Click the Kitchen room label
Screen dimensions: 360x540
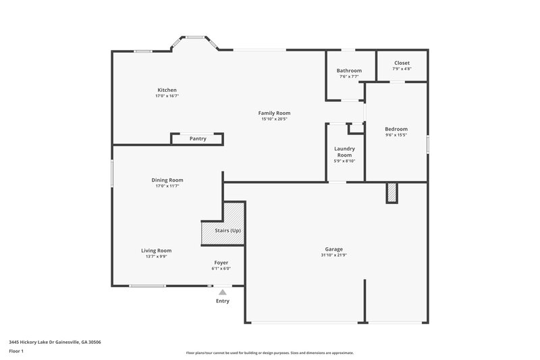tap(167, 90)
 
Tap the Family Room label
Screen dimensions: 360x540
tap(274, 113)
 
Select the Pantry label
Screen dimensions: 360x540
tap(198, 138)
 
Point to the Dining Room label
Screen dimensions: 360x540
tap(167, 180)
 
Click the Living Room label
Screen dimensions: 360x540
tap(156, 251)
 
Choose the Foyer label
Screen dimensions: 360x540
tap(221, 262)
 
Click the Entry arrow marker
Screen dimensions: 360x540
tap(222, 292)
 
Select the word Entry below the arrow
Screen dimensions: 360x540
tap(222, 301)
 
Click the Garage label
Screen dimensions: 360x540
tap(333, 249)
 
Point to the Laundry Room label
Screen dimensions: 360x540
tap(344, 152)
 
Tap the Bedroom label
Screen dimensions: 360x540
tap(396, 129)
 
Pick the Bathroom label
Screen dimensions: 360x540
tap(349, 71)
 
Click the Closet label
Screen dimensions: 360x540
tap(402, 63)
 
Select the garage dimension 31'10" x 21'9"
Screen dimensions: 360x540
tap(333, 255)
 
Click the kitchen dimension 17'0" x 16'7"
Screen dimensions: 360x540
tap(167, 96)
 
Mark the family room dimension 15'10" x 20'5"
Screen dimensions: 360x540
tap(274, 119)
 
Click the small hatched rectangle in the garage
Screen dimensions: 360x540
tap(391, 193)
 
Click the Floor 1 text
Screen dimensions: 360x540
tap(16, 351)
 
